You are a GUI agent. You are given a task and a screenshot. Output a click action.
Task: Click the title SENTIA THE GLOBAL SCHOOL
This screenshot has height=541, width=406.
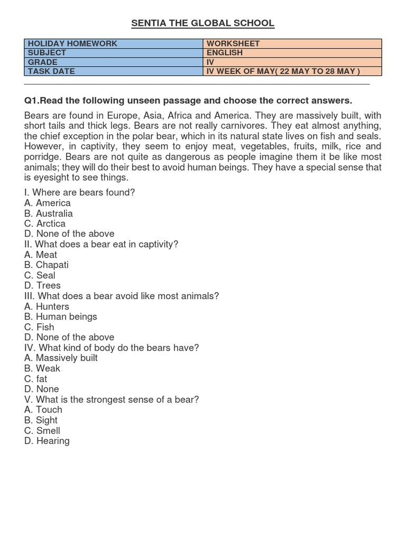click(203, 23)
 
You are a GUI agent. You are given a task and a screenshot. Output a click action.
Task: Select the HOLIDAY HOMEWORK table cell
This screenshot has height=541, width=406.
click(114, 43)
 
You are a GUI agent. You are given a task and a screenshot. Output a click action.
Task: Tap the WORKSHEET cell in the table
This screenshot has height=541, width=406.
click(292, 43)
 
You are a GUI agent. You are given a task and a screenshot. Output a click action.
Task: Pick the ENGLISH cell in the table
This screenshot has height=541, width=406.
click(292, 53)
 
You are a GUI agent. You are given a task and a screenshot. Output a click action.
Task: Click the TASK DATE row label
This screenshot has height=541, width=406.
click(114, 71)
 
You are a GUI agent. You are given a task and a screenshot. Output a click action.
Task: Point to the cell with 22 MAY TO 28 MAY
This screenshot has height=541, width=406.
click(292, 71)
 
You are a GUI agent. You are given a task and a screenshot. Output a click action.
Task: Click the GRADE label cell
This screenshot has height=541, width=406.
click(114, 62)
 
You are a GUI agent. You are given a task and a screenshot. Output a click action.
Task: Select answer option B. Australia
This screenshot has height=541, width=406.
click(49, 213)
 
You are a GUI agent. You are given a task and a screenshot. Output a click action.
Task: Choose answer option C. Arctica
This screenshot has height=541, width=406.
click(45, 223)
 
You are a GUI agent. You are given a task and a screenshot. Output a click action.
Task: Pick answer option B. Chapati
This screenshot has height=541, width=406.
click(47, 265)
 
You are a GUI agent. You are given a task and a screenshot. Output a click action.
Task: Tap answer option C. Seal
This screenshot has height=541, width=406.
click(40, 275)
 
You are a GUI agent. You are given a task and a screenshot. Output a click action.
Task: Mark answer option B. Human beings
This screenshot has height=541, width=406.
click(61, 316)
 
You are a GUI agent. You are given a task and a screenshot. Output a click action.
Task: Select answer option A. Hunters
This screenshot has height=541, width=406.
click(47, 306)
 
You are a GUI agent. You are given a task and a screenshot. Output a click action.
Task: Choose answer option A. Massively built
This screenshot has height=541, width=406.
click(61, 358)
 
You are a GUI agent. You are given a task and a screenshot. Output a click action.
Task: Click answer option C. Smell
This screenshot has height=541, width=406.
click(42, 431)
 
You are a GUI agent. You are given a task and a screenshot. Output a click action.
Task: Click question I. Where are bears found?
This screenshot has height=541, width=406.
click(80, 192)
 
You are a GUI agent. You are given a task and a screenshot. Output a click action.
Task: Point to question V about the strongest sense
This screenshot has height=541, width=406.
click(112, 399)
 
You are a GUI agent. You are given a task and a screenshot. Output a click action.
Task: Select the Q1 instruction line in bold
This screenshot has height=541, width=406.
click(188, 100)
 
